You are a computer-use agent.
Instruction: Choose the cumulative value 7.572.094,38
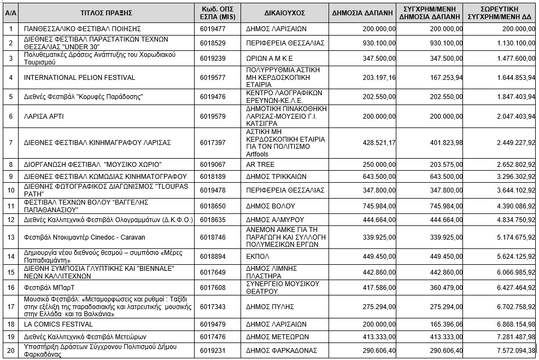[512, 350]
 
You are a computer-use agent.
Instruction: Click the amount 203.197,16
[379, 78]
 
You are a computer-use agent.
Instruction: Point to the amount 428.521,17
[379, 142]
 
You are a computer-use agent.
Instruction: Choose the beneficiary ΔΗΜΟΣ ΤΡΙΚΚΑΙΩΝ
[276, 176]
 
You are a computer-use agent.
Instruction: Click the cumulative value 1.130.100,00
[512, 43]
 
